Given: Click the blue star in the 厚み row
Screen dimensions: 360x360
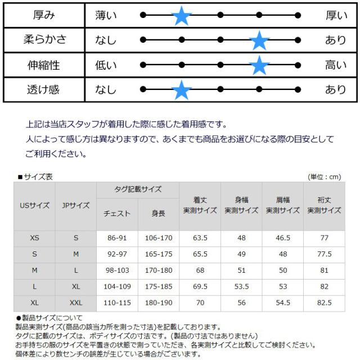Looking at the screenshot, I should click(x=181, y=15).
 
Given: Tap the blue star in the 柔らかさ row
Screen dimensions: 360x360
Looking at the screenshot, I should click(x=259, y=40).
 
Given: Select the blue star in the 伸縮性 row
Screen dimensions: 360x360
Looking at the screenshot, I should click(x=259, y=65).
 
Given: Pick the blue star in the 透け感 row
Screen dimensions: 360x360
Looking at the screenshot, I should click(x=181, y=90).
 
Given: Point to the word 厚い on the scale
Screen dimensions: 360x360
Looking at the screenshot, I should click(x=336, y=15).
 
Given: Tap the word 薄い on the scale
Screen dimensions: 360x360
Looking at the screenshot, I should click(x=106, y=15).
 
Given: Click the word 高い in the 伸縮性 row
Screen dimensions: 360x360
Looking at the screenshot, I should click(x=336, y=65).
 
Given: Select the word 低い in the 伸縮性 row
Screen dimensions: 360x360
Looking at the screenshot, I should click(x=106, y=65).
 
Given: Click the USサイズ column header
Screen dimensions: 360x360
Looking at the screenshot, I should click(x=35, y=205).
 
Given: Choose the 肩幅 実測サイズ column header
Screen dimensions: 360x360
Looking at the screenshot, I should click(x=282, y=205).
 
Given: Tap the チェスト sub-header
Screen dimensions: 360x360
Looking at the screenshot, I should click(x=117, y=213).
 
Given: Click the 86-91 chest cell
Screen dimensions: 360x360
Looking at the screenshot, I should click(x=117, y=238).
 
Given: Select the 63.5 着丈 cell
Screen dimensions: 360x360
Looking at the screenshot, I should click(x=200, y=238).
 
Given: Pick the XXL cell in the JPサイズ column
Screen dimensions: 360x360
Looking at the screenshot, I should click(x=76, y=302).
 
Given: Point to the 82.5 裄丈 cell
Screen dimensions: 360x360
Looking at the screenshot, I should click(x=324, y=302).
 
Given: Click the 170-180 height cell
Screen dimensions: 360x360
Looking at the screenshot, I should click(x=158, y=270).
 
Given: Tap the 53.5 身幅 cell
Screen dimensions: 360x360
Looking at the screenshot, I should click(x=242, y=286).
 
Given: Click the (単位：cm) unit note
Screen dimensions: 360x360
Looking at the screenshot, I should click(x=325, y=177).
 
